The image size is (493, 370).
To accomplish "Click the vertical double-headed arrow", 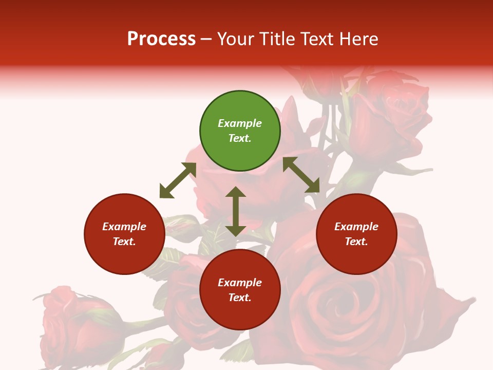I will tap(236, 211).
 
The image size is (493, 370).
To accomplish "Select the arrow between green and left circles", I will tap(178, 180).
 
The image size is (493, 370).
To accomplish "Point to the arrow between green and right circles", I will tap(301, 175).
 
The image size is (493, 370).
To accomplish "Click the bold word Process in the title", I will tap(161, 39).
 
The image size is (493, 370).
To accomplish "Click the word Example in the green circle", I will tap(240, 123).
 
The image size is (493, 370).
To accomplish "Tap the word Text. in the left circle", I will tap(124, 242).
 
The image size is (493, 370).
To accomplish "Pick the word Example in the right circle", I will tap(356, 227).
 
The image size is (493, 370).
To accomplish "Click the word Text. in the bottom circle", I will tap(240, 298).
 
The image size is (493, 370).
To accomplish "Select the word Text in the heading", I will tap(316, 39).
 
